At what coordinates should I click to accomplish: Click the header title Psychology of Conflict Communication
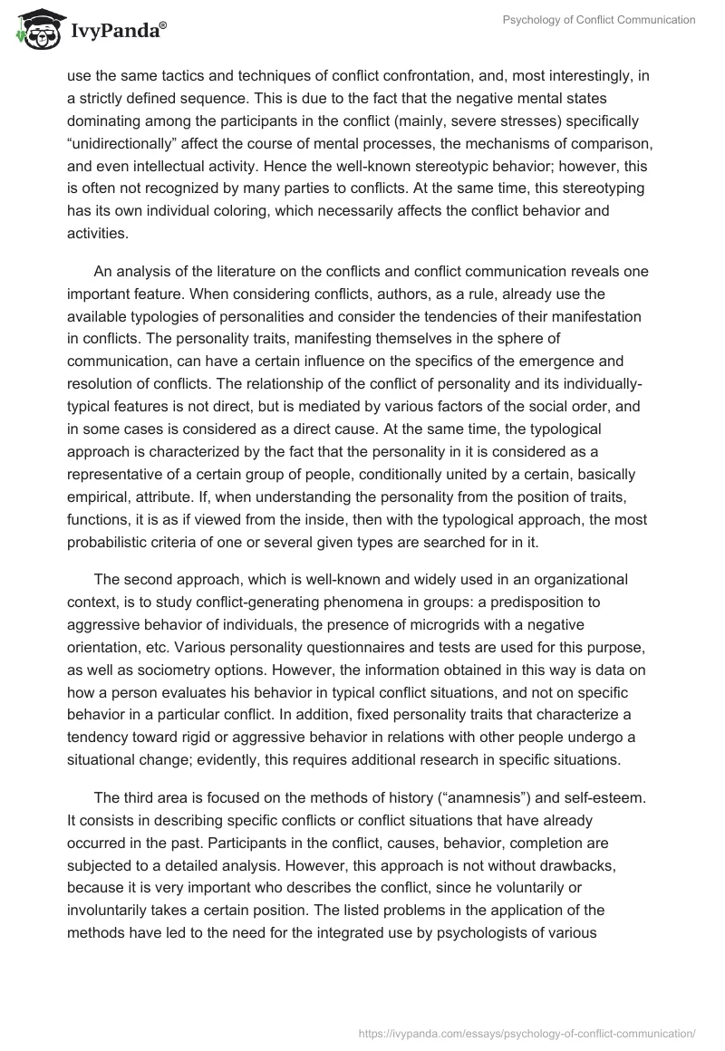[601, 20]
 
